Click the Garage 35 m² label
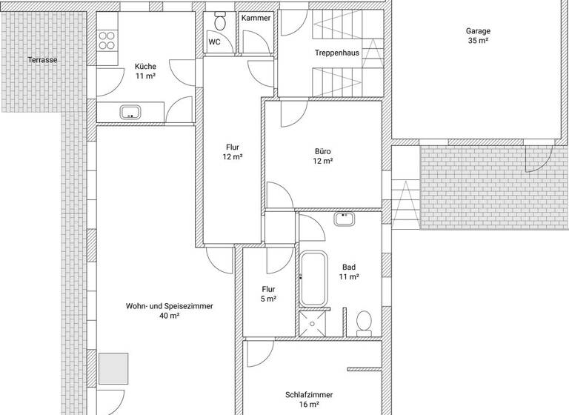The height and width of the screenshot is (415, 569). click(x=478, y=36)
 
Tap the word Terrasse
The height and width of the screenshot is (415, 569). click(x=42, y=60)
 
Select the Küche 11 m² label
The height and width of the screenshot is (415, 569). click(x=145, y=71)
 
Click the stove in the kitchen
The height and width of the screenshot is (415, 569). click(x=108, y=39)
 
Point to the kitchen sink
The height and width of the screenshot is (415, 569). click(x=131, y=113)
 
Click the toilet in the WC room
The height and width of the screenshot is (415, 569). click(x=220, y=19)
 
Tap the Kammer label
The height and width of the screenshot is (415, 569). click(x=256, y=18)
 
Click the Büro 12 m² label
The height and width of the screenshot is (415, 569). click(x=323, y=156)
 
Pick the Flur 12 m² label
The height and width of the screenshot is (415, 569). click(x=233, y=152)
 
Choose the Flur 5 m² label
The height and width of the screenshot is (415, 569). click(x=268, y=294)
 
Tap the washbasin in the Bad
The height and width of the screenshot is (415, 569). click(x=345, y=219)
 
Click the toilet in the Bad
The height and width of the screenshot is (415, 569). click(x=364, y=322)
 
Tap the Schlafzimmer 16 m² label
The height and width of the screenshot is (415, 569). click(x=308, y=399)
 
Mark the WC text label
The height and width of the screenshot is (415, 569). click(x=214, y=42)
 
